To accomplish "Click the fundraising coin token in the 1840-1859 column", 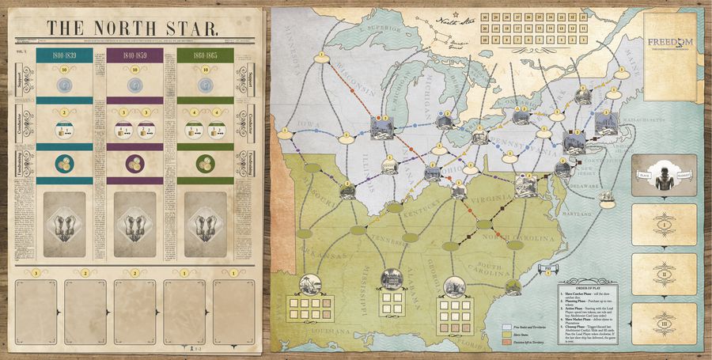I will tap(134, 165).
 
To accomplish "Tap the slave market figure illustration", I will tap(664, 178).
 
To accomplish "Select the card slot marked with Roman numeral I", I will tap(664, 225).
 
